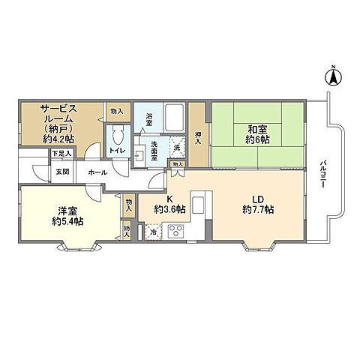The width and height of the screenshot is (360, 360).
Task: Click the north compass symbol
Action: (x=333, y=76)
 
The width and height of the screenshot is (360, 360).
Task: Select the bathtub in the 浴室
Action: (x=174, y=118)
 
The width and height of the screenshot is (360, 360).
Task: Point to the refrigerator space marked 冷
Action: (x=154, y=232)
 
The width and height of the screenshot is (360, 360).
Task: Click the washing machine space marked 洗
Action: (x=177, y=147)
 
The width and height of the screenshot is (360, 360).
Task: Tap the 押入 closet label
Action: (x=198, y=138)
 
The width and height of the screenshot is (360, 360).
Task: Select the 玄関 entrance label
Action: (x=62, y=172)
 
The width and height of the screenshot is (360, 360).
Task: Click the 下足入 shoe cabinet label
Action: (x=61, y=154)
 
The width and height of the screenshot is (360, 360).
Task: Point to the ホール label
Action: (x=97, y=172)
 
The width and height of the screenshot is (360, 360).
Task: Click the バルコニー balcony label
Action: (x=322, y=175)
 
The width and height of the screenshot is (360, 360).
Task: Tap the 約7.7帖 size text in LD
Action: (x=258, y=209)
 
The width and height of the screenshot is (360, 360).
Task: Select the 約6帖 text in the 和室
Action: (x=257, y=139)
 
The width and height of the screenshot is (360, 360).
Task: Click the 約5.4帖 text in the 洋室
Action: (x=67, y=221)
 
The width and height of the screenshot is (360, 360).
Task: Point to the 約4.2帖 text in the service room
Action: (x=58, y=139)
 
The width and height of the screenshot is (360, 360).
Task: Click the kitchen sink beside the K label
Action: (x=198, y=205)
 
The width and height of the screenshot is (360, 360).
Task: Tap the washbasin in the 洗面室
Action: (x=139, y=156)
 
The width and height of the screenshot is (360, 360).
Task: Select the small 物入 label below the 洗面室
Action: (x=178, y=164)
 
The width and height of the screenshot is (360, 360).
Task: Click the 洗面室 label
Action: (x=154, y=151)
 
